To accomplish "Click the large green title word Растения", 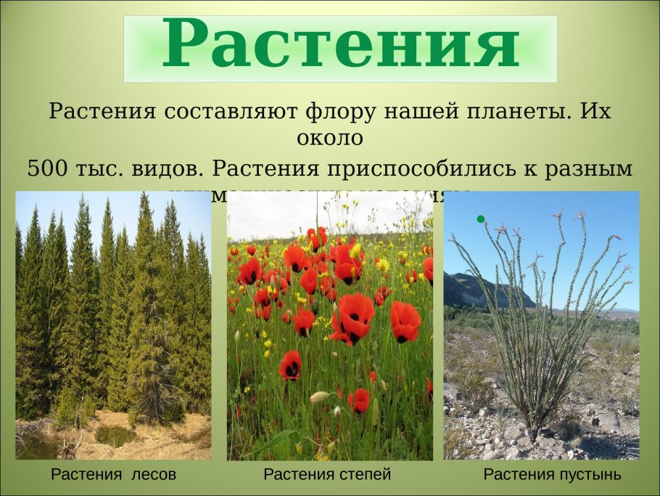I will tap(340, 45).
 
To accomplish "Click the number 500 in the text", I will tap(49, 168).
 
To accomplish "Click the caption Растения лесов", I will tap(114, 475).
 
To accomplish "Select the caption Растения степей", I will tap(327, 475).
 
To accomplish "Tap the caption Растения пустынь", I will tap(552, 475).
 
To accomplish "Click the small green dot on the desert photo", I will tap(480, 219).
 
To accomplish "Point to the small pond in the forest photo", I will tap(115, 436).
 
